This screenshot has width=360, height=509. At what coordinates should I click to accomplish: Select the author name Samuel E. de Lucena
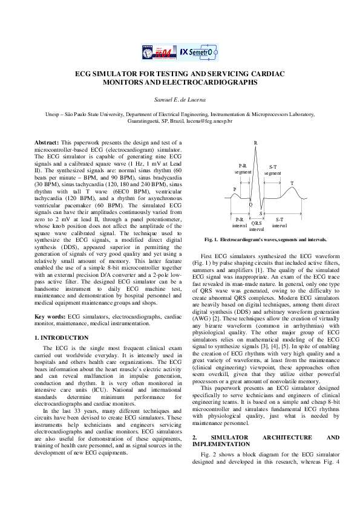pyautogui.click(x=180, y=99)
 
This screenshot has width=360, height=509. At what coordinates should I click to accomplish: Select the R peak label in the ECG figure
pyautogui.click(x=255, y=143)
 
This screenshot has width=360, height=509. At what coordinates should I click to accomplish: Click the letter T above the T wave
pyautogui.click(x=292, y=183)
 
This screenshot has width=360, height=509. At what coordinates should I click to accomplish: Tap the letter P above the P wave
pyautogui.click(x=235, y=189)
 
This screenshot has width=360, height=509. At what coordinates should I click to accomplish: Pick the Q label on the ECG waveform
pyautogui.click(x=250, y=204)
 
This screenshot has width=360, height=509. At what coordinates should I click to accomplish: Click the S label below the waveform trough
pyautogui.click(x=260, y=213)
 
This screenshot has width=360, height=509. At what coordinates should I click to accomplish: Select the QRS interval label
pyautogui.click(x=257, y=226)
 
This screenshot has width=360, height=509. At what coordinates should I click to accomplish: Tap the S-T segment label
pyautogui.click(x=273, y=169)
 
